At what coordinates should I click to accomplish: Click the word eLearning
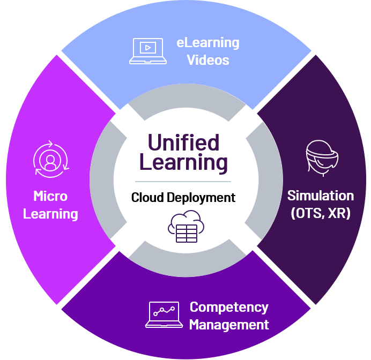click(208, 42)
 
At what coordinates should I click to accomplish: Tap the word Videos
click(208, 59)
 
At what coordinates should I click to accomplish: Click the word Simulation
click(321, 195)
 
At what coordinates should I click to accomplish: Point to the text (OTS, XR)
click(321, 213)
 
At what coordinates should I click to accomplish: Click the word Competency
click(229, 307)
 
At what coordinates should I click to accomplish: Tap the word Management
click(229, 325)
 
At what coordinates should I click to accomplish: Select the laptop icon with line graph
click(164, 315)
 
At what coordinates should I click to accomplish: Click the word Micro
click(50, 196)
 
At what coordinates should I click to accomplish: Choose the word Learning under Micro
click(51, 214)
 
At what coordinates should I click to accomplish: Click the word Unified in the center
click(183, 143)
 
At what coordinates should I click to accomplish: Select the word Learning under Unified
click(183, 162)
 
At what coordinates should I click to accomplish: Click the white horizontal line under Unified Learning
click(183, 182)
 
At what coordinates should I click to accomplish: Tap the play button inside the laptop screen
click(146, 48)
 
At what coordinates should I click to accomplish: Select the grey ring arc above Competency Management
click(185, 262)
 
